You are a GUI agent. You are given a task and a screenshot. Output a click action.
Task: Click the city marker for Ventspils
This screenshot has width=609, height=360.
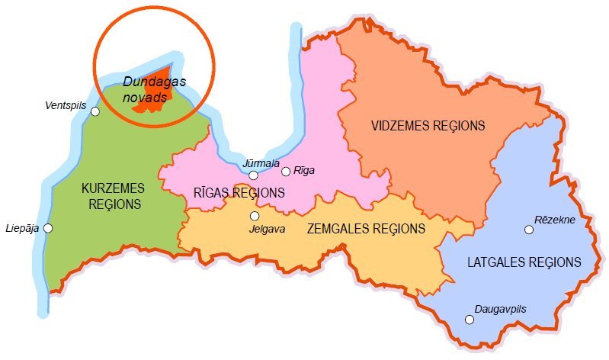95,112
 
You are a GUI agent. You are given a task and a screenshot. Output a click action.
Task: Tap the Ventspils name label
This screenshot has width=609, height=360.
66,104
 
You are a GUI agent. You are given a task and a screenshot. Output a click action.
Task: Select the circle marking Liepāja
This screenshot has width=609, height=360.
48,228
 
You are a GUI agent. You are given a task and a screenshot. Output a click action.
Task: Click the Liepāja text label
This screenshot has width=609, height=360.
22,228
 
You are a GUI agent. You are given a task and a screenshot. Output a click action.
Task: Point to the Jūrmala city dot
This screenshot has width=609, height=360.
253,176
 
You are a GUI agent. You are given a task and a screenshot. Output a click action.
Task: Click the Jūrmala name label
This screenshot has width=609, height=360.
261,163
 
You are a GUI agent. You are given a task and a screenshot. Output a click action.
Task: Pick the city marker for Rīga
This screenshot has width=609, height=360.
286,172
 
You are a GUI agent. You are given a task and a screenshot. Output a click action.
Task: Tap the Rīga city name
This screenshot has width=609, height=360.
303,171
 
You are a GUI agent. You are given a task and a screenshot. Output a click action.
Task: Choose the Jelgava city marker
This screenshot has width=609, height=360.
255,216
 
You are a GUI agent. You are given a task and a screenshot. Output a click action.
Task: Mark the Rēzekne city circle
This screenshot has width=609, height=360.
528,230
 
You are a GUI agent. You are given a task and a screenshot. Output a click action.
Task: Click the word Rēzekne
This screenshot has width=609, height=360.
555,220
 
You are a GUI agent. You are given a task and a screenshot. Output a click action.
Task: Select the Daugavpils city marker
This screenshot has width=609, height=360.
469,320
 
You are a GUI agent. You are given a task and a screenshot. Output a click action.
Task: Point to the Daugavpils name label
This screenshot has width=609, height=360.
500,309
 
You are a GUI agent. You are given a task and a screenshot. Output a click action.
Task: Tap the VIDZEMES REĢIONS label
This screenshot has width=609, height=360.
428,125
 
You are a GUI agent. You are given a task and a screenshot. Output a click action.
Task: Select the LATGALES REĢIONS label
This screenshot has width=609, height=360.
524,262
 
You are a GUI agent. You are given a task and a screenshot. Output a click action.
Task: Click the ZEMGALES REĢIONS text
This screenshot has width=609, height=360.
365,228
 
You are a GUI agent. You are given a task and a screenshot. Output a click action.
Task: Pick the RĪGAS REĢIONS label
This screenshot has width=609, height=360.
239,193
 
